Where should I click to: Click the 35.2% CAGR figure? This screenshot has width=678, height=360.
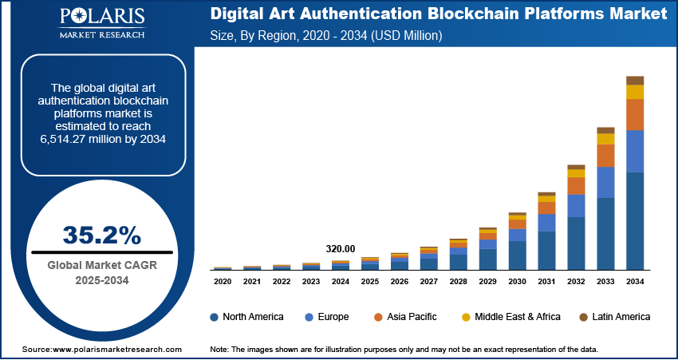coord(101,235)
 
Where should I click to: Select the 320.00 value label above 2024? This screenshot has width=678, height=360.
coord(341,248)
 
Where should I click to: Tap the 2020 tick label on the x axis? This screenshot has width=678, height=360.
coord(223,282)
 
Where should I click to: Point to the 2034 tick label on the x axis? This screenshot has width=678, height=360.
coord(635,282)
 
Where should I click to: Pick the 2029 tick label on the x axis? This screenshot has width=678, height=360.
coord(487,282)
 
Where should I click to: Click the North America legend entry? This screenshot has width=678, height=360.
coord(246,317)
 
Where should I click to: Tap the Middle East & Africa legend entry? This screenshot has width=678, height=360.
coord(510,317)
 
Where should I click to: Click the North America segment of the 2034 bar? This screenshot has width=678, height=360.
coord(635,221)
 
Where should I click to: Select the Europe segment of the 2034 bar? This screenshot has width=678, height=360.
coord(635,151)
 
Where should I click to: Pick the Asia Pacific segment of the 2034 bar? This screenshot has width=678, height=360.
coord(635,114)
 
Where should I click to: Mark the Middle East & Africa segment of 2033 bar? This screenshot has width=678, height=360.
coord(605,139)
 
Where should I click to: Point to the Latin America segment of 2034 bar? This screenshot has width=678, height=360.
coord(635,80)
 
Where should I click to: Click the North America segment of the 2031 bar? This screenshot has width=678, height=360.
coord(546,251)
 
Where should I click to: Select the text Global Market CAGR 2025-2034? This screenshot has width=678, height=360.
coord(101,273)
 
